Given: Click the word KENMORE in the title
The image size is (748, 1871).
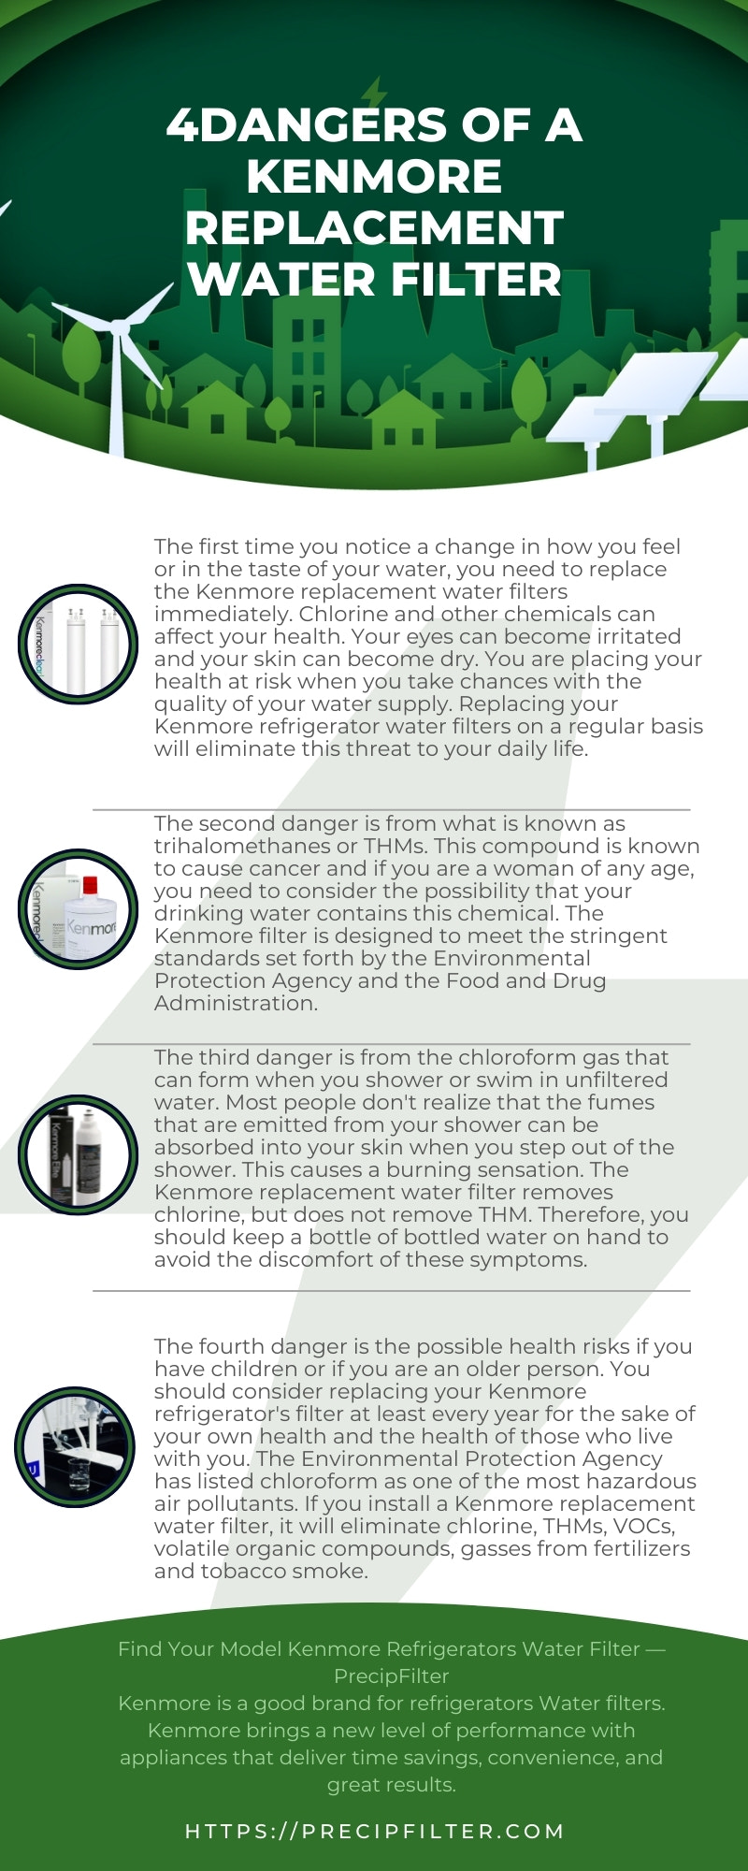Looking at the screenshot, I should tap(374, 177).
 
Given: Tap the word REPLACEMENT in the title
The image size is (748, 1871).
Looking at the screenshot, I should tap(374, 228).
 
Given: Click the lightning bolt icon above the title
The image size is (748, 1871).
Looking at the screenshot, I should tap(374, 93).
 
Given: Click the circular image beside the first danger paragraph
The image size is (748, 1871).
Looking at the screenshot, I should tap(79, 645).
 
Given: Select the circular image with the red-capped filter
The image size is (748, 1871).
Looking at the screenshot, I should tap(79, 908).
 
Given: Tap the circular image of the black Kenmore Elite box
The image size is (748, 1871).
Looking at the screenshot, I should tap(79, 1154).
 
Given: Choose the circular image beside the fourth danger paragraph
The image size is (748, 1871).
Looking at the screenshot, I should tap(75, 1446).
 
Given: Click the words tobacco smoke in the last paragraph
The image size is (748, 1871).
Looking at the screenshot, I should tap(281, 1572).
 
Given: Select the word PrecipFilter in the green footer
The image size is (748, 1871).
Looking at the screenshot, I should tap(391, 1675).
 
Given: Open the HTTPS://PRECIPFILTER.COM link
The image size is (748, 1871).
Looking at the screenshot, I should tap(374, 1831).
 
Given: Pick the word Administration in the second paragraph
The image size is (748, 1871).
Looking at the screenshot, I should tap(234, 1004).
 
